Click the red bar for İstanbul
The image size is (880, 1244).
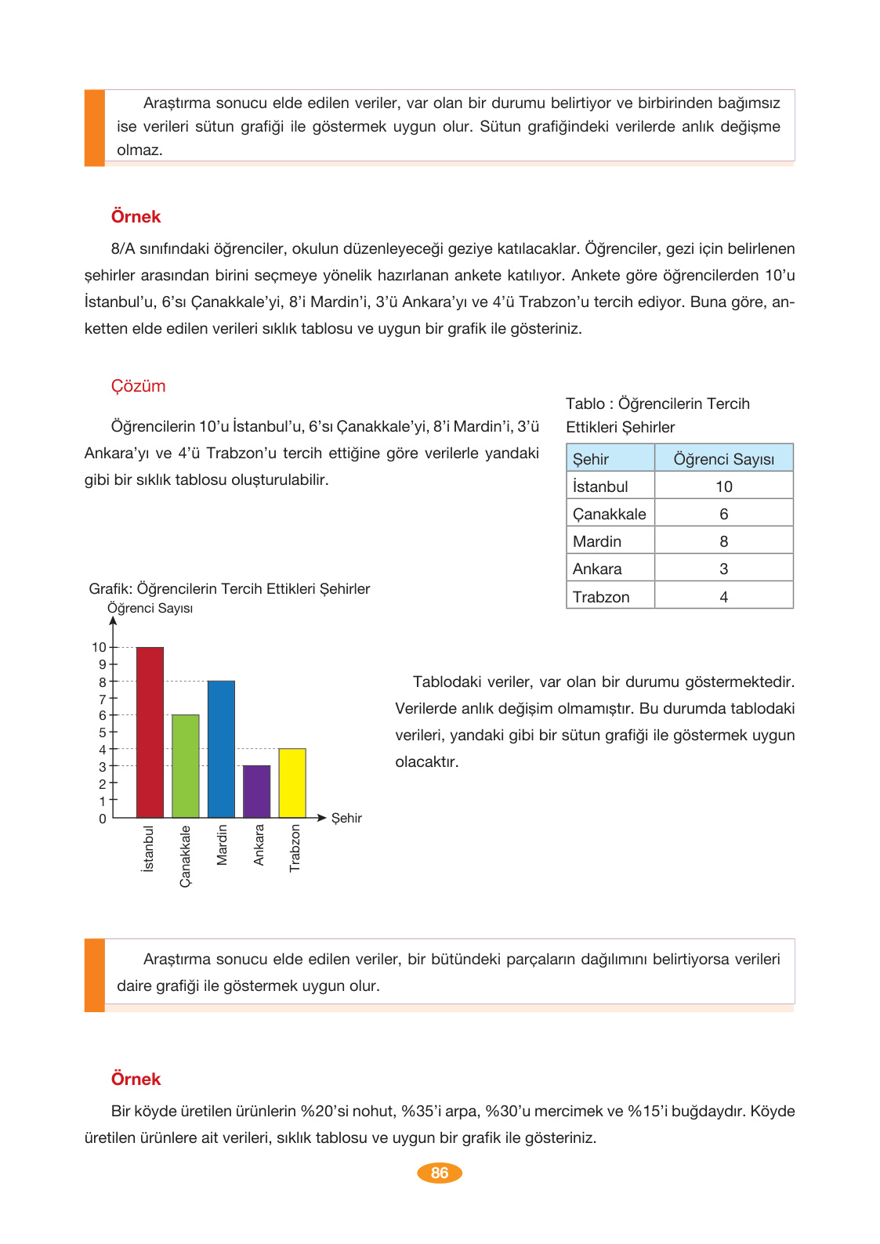[150, 732]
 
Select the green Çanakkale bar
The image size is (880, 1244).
[186, 766]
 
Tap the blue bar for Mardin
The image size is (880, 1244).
[221, 749]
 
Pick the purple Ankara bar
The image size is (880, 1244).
[257, 791]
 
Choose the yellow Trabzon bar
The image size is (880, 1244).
[292, 783]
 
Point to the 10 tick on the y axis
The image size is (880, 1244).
[99, 647]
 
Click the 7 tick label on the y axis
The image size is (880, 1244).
[102, 699]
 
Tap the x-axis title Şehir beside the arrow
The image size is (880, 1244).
[346, 818]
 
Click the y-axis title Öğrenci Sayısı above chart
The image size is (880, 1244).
[150, 609]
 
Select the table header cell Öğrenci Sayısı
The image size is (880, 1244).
[723, 459]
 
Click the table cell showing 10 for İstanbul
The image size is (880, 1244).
[723, 486]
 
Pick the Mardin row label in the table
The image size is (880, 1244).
[597, 541]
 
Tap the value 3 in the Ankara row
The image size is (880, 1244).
[723, 569]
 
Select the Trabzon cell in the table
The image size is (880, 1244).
[601, 597]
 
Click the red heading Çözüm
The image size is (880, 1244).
[138, 386]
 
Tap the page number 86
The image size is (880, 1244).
[440, 1173]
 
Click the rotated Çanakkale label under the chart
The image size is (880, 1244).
[186, 856]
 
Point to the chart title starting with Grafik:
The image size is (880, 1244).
[229, 588]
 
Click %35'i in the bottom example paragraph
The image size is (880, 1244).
[422, 1111]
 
